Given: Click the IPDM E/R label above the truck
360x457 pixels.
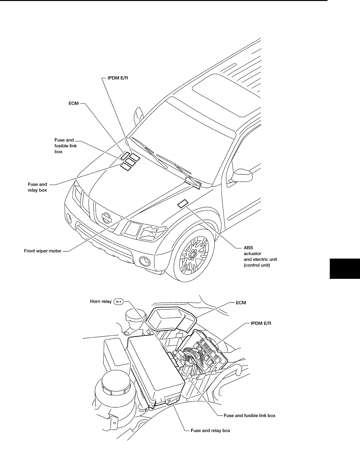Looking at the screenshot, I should pos(117,78).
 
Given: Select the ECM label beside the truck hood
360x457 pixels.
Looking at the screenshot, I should pos(74,104).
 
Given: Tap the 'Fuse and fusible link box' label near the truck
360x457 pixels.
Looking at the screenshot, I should pos(66,146).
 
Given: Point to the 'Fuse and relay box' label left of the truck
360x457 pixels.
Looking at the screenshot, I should pos(37,187).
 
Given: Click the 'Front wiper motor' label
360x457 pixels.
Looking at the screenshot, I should pos(42,251).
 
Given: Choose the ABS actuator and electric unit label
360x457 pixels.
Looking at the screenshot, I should pos(260,257).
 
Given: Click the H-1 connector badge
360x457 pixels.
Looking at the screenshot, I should pos(119,302).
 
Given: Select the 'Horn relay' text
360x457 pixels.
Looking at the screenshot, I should pos(101,302).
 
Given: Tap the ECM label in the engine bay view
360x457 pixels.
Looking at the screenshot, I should pos(241,303).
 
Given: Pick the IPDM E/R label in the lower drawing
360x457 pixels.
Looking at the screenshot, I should pos(261,323).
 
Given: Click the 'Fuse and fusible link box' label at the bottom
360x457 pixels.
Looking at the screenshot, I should pos(249,416).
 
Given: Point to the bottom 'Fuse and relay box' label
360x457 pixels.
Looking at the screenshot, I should pos(210,430).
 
